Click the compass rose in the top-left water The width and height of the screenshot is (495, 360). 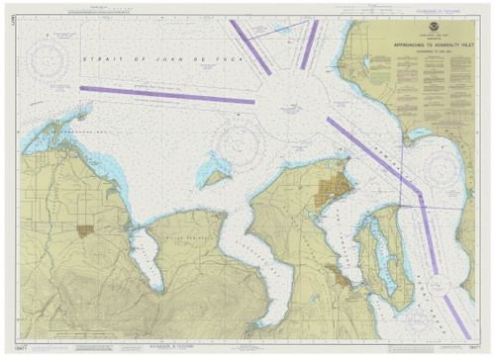coord(48,61)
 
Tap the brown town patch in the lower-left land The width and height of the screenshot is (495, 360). coord(85,229)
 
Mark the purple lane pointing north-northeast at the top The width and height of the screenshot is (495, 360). coord(310,45)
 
